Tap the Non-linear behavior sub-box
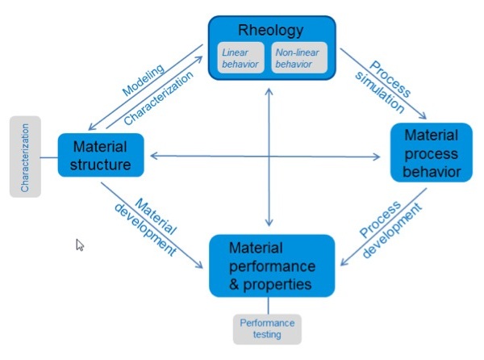pyautogui.click(x=298, y=57)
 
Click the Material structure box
pyautogui.click(x=101, y=157)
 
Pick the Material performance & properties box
pyautogui.click(x=271, y=266)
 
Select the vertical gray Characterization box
pyautogui.click(x=26, y=157)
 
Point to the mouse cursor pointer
pyautogui.click(x=80, y=245)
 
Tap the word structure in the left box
pyautogui.click(x=101, y=165)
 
